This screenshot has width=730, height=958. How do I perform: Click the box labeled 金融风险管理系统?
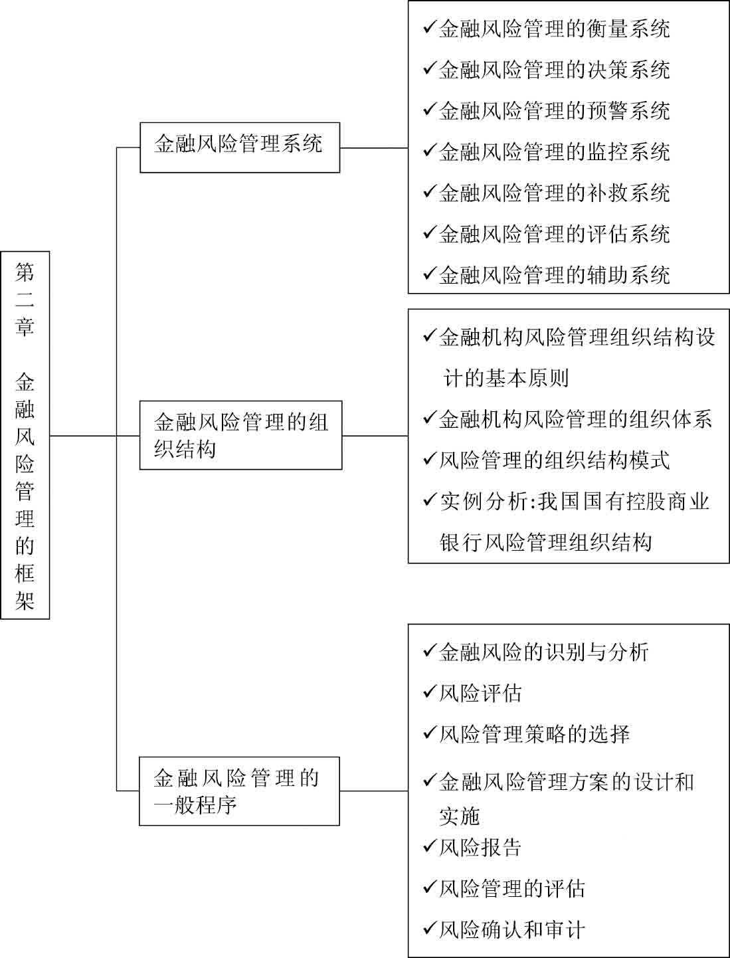click(x=240, y=147)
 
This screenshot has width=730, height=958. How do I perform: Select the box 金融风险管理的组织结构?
click(x=240, y=435)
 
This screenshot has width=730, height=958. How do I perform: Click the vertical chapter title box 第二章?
click(x=25, y=435)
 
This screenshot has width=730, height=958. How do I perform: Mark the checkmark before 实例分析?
click(x=430, y=500)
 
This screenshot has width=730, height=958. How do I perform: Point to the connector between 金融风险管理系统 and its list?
click(x=374, y=148)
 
